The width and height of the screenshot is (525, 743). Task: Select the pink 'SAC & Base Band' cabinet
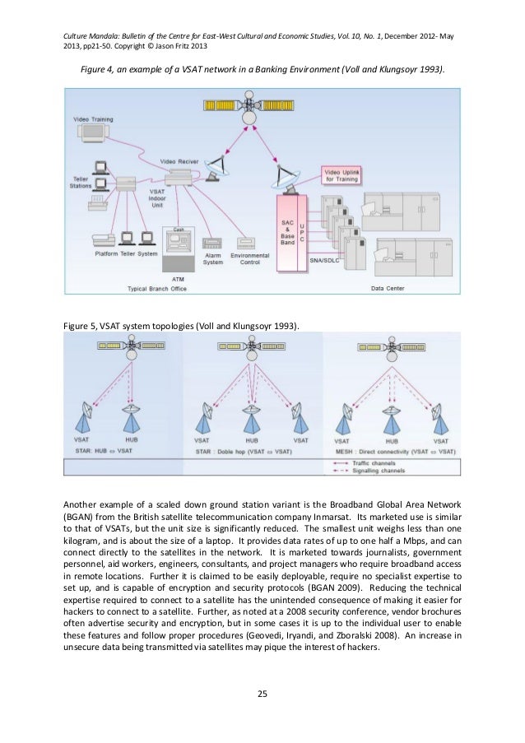pyautogui.click(x=287, y=235)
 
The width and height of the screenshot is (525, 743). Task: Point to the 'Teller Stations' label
pyautogui.click(x=81, y=183)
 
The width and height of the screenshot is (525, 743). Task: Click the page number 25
pyautogui.click(x=262, y=697)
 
